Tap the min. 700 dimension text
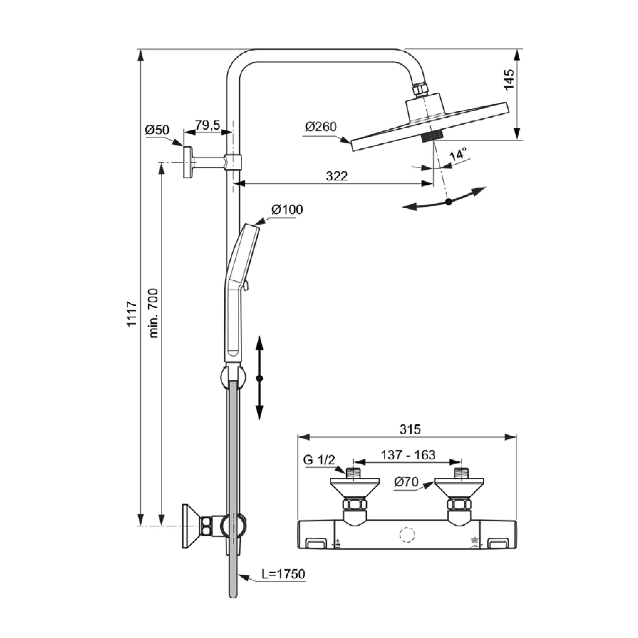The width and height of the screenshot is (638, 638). click(x=154, y=313)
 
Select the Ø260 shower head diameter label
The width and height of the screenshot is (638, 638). click(x=321, y=127)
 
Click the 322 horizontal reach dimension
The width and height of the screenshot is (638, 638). click(x=337, y=176)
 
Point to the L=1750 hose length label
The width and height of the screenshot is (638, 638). click(x=283, y=574)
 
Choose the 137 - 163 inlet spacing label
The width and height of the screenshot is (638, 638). click(x=408, y=455)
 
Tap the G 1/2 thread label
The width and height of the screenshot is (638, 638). click(x=319, y=460)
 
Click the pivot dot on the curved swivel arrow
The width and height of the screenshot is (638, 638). click(x=448, y=202)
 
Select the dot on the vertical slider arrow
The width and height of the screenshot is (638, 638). click(x=260, y=378)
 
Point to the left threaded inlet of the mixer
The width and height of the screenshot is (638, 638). click(x=354, y=473)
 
